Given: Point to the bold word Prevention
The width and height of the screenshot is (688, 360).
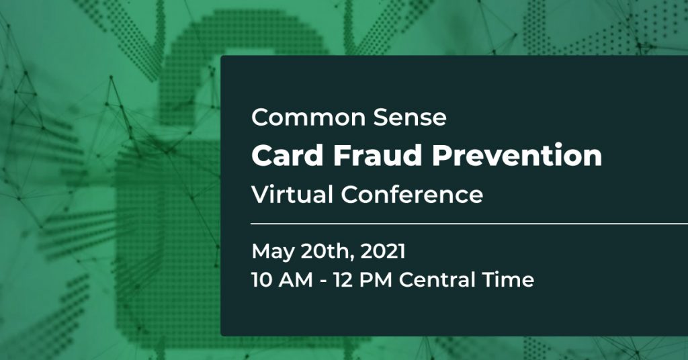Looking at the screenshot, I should [x=517, y=156].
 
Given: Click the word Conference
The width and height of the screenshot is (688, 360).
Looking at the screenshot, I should [x=412, y=195].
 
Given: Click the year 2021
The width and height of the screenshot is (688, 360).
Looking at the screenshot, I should [x=384, y=252].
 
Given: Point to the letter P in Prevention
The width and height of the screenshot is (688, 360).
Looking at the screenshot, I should [x=442, y=156].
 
